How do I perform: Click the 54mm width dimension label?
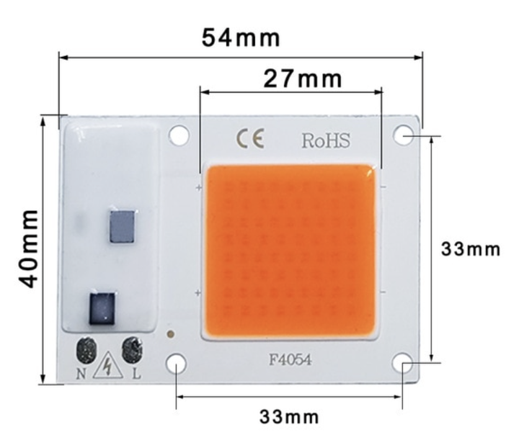point(241,37)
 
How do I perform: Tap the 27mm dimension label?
point(302,79)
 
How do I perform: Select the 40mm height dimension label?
point(28,248)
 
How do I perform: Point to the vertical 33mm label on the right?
point(470,248)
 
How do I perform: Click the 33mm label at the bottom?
point(289,417)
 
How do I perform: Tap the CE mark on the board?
point(250,139)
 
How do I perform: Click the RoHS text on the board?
point(326,140)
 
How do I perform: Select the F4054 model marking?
point(290,359)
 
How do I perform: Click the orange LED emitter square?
point(290,252)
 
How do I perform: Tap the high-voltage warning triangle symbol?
point(108,367)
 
